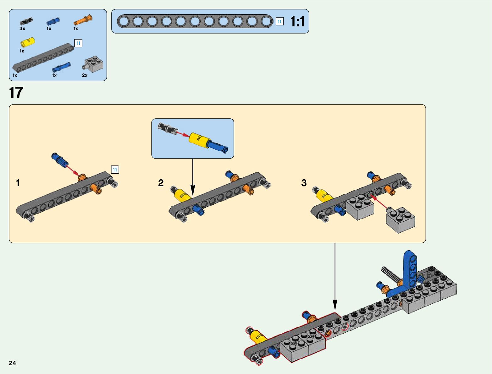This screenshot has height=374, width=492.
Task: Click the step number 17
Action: [x=16, y=93]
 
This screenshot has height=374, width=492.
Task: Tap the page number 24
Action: [x=12, y=363]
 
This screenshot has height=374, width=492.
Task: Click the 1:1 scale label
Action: [x=297, y=22]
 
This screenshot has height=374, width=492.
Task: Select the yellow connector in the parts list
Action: [x=28, y=42]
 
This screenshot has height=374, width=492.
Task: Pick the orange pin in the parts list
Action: [x=83, y=20]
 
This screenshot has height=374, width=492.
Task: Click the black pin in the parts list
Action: [x=26, y=21]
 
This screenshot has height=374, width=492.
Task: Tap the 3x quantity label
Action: [x=22, y=29]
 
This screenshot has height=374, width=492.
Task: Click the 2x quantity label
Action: [x=85, y=75]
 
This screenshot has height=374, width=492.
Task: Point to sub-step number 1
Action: [x=18, y=183]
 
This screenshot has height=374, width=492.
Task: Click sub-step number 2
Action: [x=161, y=183]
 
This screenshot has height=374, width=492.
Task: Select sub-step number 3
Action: [x=304, y=183]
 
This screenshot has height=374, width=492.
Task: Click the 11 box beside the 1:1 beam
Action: [x=279, y=21]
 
